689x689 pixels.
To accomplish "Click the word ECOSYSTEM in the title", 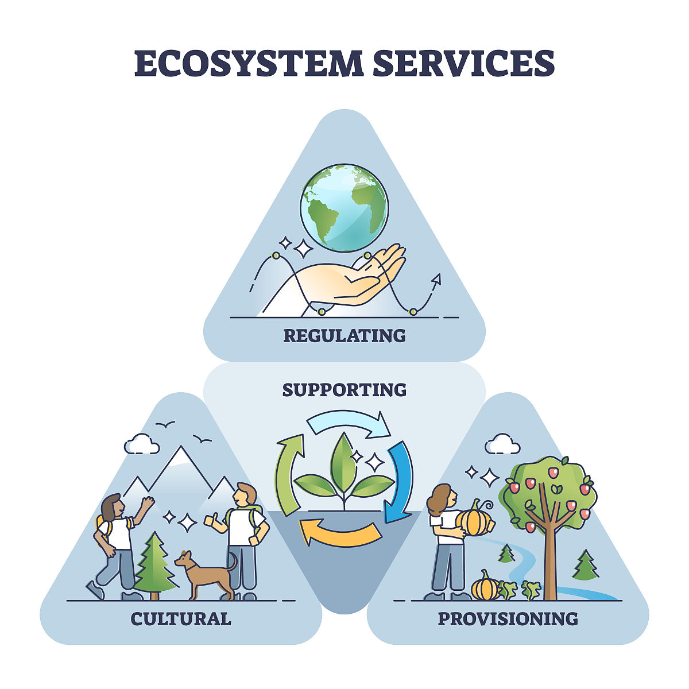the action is pyautogui.click(x=249, y=63).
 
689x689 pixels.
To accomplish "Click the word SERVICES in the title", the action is pyautogui.click(x=464, y=63).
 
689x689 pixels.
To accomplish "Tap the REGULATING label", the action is pyautogui.click(x=344, y=336).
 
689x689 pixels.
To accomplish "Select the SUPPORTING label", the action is pyautogui.click(x=344, y=390).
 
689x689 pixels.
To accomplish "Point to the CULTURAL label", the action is pyautogui.click(x=181, y=619).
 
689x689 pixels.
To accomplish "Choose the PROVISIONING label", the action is pyautogui.click(x=508, y=619).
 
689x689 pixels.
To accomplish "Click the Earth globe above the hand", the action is pyautogui.click(x=344, y=208).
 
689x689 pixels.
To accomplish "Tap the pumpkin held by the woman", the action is pyautogui.click(x=474, y=520).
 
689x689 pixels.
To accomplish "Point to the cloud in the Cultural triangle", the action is pyautogui.click(x=142, y=444).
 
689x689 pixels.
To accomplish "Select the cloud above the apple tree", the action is pyautogui.click(x=502, y=444).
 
